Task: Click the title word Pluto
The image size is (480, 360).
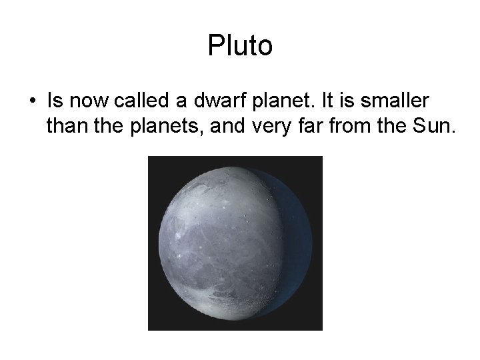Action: pos(240,46)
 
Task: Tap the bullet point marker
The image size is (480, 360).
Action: pos(32,102)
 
